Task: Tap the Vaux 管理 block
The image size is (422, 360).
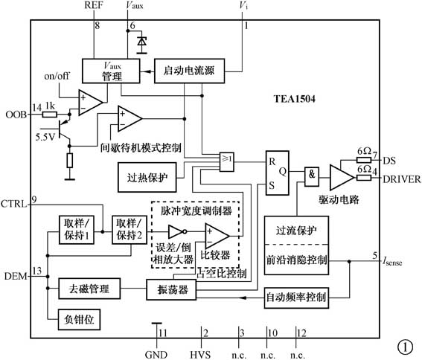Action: pos(112,72)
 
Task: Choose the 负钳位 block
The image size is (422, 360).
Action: pos(78,319)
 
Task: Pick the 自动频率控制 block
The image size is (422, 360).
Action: pos(296,298)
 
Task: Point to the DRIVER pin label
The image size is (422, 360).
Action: pos(403,179)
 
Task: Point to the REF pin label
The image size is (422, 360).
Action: pos(95,6)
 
